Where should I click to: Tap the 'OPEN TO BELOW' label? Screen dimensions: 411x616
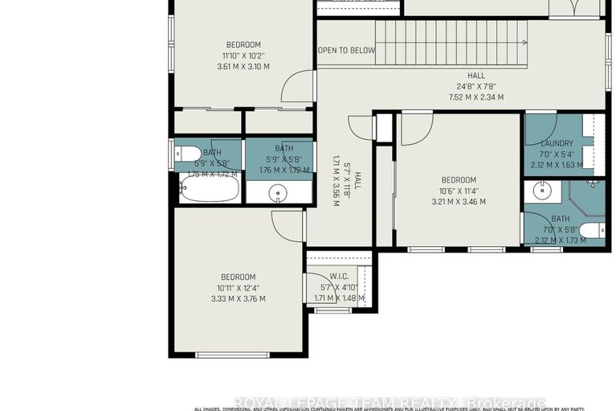click(x=346, y=51)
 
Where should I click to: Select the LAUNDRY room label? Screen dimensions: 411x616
click(x=557, y=143)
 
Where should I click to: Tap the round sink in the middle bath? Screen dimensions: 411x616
click(x=278, y=193)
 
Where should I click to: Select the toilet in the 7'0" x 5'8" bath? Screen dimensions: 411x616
click(x=590, y=232)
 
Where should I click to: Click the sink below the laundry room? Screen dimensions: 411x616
click(x=540, y=191)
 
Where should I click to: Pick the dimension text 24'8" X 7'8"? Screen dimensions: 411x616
click(x=476, y=86)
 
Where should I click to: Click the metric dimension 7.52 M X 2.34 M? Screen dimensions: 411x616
click(x=476, y=97)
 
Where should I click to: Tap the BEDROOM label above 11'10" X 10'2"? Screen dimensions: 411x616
click(x=243, y=44)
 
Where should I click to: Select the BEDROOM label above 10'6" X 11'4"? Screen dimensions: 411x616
click(x=459, y=180)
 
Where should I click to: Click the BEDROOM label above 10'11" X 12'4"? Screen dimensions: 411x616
click(x=239, y=277)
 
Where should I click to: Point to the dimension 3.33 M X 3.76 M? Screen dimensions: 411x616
click(x=239, y=298)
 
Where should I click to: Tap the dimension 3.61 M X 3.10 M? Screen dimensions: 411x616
click(x=243, y=67)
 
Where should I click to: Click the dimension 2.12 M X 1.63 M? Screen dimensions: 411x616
click(x=557, y=166)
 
